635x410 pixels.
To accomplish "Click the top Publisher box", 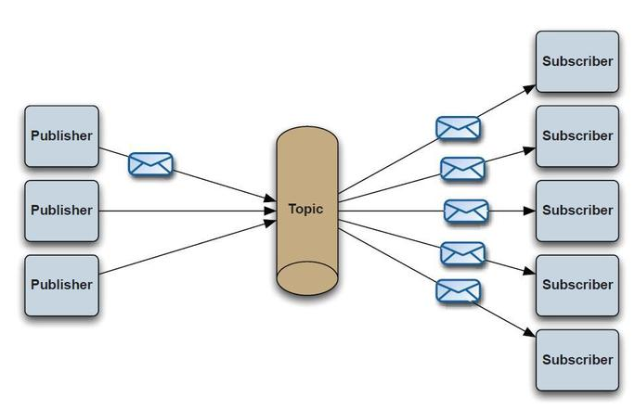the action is tap(61, 136).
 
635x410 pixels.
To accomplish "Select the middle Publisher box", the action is tap(61, 211).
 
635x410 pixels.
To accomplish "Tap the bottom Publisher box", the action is tap(61, 286).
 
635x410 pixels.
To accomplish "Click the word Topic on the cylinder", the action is tap(305, 209).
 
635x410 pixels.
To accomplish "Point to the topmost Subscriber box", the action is tap(577, 61).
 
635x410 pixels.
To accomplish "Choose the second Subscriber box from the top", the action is tap(577, 136).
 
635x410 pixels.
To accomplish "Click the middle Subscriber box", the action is tap(577, 211).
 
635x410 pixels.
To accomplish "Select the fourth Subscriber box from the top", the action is tap(577, 286).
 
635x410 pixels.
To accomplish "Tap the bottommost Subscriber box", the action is tap(577, 360).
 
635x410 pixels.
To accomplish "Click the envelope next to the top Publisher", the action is tap(150, 164).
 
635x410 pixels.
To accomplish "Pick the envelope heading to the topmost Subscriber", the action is tap(458, 128).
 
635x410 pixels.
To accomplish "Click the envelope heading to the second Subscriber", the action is tap(462, 169).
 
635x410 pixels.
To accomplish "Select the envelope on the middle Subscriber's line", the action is tap(466, 211).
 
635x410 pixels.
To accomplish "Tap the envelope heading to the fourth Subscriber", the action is tap(462, 253).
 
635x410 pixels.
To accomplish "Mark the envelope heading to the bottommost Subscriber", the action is tap(458, 291).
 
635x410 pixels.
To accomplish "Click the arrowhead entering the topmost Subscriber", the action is tap(530, 89).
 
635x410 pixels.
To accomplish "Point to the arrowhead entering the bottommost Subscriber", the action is tap(530, 333).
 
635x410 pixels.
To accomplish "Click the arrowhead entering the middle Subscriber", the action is tap(530, 211).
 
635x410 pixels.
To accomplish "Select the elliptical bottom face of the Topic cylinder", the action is tap(307, 278).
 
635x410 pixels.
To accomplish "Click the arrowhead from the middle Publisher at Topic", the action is tap(270, 211).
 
